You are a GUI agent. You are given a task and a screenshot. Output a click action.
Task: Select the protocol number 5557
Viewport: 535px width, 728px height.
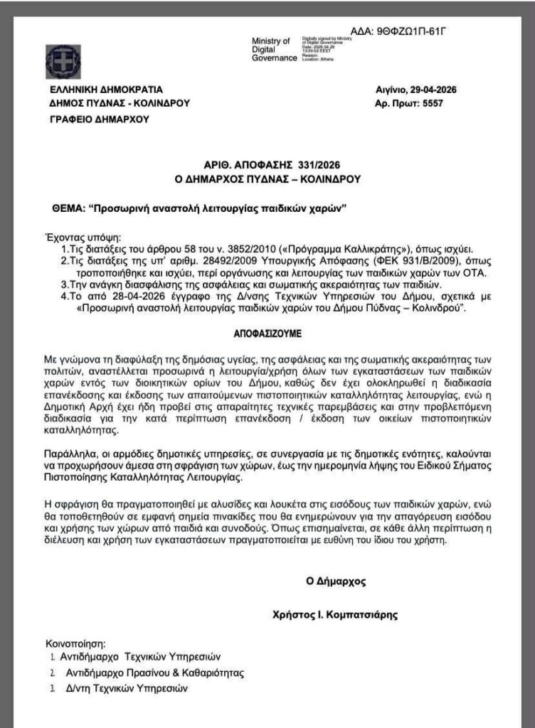[x=437, y=103]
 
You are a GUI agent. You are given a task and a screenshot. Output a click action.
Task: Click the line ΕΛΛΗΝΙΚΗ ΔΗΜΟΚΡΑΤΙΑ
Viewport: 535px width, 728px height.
[x=106, y=90]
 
